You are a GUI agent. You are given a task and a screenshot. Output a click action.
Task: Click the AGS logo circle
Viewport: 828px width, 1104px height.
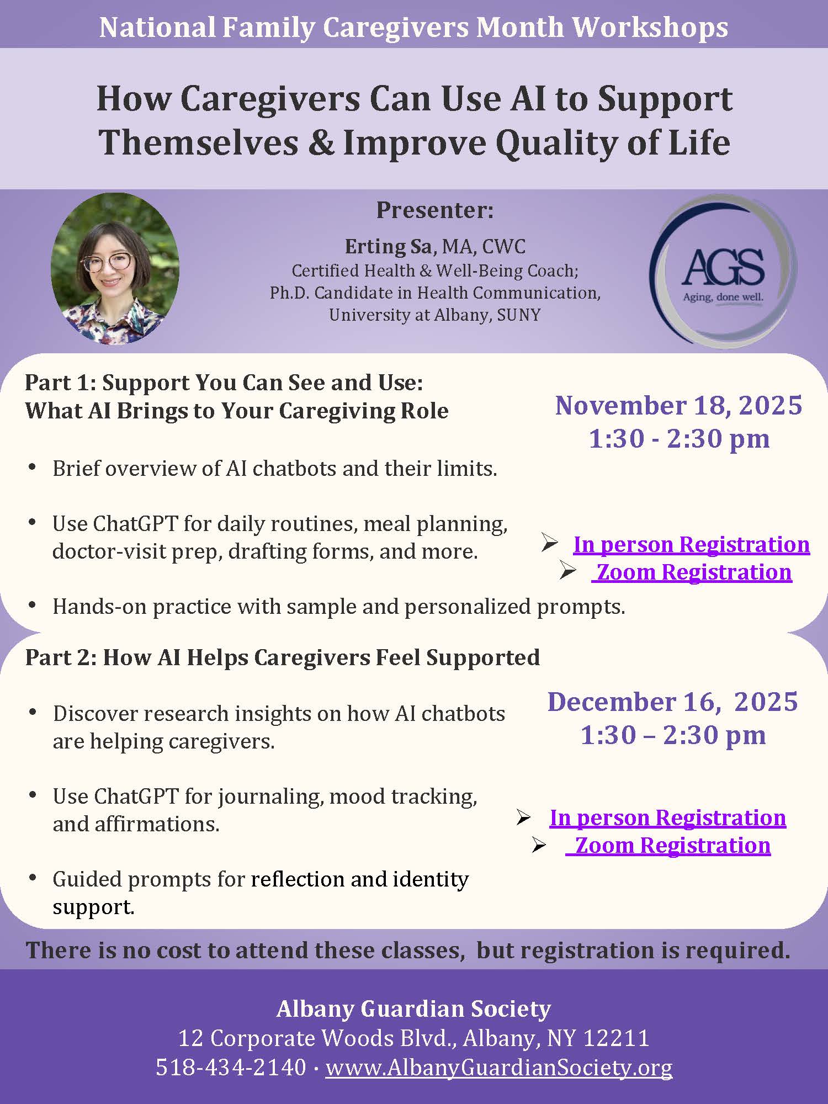723,270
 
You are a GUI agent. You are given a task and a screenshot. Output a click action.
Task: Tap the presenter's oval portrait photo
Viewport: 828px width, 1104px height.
115,269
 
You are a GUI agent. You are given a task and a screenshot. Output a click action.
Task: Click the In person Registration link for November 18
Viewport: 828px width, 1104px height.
691,544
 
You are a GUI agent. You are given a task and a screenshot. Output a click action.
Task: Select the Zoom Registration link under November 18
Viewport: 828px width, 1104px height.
694,572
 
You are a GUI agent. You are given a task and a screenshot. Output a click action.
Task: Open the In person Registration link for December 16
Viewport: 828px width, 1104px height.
667,818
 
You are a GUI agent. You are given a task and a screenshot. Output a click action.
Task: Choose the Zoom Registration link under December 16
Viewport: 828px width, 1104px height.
672,845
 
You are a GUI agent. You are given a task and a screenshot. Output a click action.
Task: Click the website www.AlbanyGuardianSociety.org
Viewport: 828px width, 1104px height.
499,1067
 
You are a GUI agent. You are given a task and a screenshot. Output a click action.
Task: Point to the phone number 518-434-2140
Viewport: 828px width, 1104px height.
231,1067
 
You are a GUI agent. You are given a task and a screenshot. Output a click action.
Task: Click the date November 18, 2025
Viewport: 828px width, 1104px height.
678,405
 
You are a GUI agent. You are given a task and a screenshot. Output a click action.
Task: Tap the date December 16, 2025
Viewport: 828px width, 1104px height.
672,702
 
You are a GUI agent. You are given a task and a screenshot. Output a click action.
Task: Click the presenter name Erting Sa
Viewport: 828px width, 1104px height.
388,246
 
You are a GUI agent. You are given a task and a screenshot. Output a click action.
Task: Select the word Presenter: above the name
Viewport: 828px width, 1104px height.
435,210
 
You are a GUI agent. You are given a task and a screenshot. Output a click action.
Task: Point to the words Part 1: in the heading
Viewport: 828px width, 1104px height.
60,383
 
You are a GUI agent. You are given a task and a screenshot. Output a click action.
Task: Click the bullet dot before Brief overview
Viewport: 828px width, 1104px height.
32,468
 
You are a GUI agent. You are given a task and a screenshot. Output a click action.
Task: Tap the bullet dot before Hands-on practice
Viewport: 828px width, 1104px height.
32,606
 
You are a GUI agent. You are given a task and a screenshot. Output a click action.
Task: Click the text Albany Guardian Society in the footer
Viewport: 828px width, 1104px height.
414,1009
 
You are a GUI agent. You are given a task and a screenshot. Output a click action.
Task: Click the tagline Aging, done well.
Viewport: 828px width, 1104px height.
723,297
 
